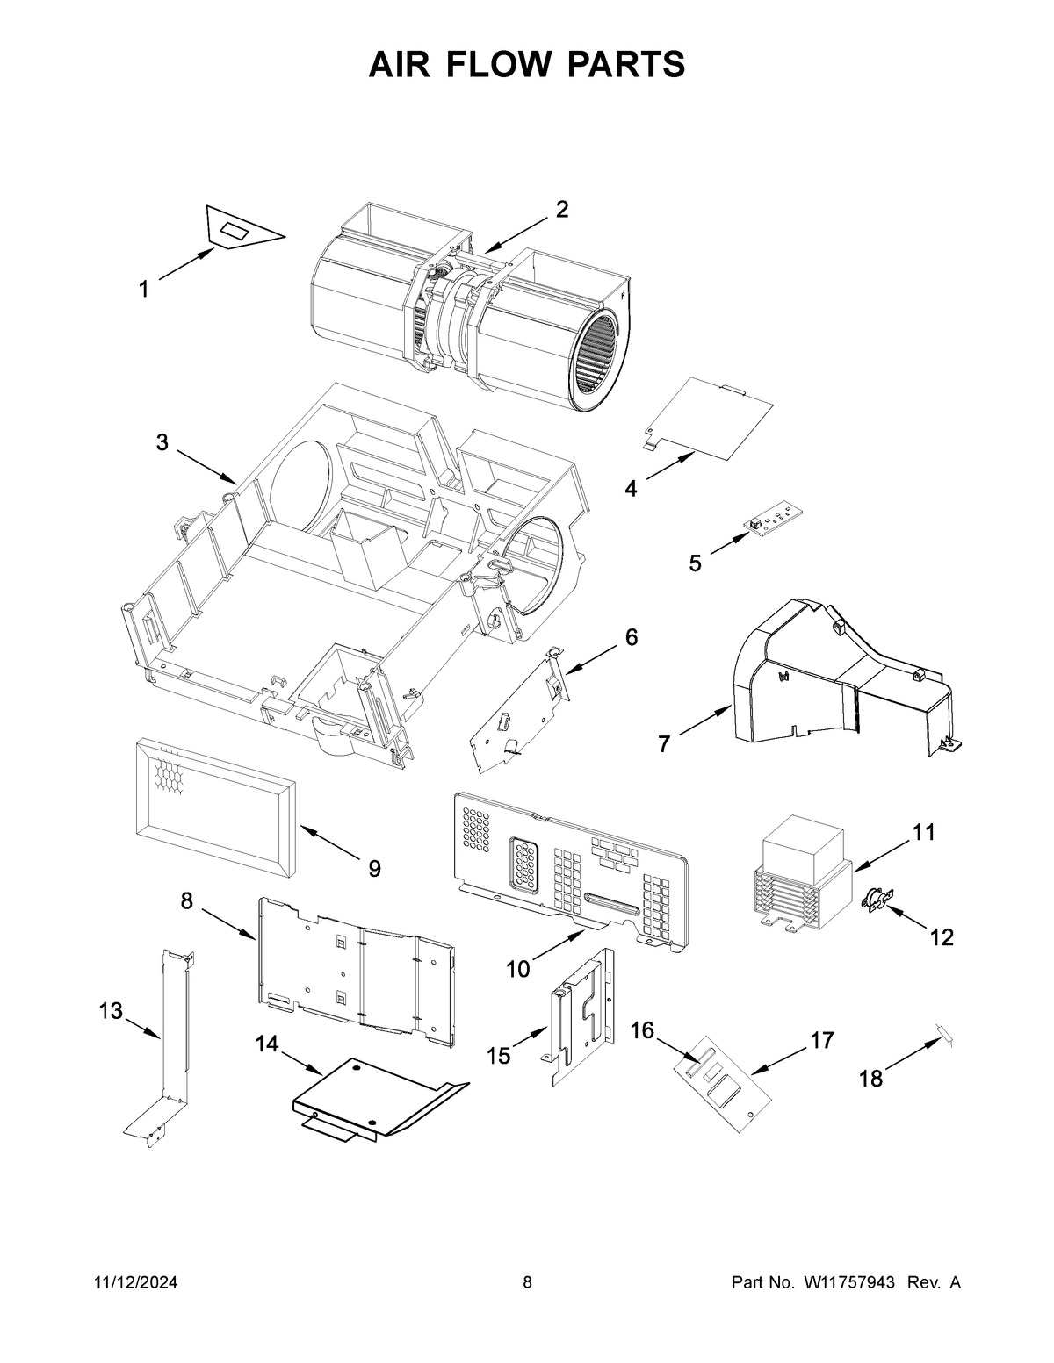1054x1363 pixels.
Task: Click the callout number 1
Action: [x=143, y=289]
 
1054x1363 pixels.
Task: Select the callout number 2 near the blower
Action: [x=562, y=209]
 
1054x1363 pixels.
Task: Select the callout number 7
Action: [x=664, y=745]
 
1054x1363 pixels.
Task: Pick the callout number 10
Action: [x=518, y=969]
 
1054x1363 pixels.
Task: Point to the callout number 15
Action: [x=498, y=1056]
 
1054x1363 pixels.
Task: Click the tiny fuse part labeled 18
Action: [x=943, y=1034]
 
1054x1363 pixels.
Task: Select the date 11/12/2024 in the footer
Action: [x=135, y=1283]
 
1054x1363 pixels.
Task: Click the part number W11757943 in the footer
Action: [x=848, y=1283]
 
